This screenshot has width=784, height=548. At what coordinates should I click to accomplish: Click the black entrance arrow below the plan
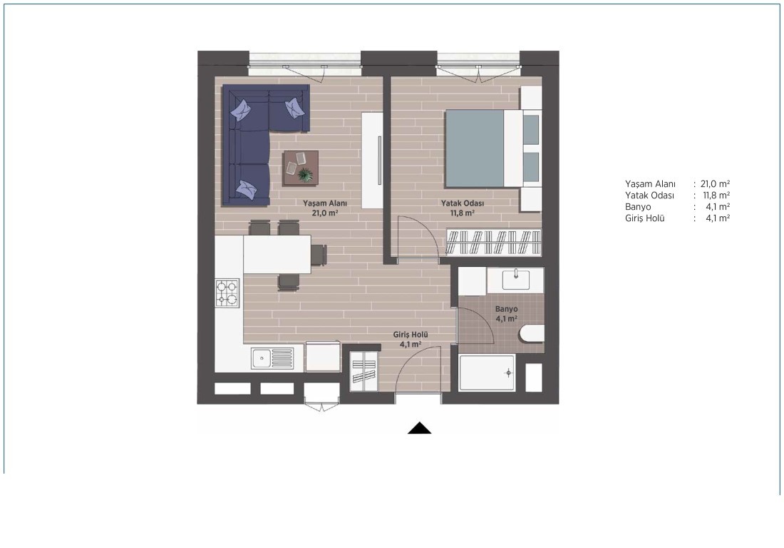point(420,428)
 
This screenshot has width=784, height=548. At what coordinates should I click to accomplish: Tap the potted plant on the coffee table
point(304,175)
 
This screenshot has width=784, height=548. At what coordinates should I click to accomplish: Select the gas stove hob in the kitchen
point(227,293)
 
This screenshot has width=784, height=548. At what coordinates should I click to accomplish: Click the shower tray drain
point(509,373)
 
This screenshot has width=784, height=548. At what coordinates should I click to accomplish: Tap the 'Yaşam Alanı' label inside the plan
point(325,203)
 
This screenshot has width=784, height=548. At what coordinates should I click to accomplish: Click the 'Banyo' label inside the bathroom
point(507,309)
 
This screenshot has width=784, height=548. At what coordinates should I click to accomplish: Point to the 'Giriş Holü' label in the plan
point(411,335)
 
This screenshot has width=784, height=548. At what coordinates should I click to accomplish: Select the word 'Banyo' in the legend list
point(638,207)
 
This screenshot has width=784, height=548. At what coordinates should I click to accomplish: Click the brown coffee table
point(300,168)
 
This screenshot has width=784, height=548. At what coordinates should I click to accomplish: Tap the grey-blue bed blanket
point(475,148)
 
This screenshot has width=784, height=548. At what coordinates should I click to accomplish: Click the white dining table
point(277,254)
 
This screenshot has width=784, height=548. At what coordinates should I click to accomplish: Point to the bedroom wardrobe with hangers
point(494,243)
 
